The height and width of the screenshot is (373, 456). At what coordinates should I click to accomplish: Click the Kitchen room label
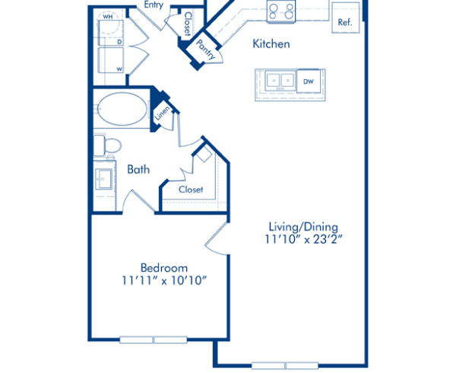[x=271, y=44]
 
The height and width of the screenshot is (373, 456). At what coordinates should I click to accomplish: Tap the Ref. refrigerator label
[x=345, y=22]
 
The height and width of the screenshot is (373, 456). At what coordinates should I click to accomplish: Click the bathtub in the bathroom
[x=122, y=110]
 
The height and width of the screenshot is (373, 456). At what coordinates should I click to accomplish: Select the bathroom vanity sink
[x=103, y=180]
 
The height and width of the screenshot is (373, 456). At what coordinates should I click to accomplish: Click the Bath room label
[x=138, y=169]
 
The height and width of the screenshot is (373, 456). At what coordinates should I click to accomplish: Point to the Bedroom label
[x=164, y=267]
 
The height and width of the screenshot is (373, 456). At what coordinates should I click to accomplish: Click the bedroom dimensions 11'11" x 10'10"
[x=164, y=281]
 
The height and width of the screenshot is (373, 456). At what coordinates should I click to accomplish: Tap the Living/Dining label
[x=302, y=226]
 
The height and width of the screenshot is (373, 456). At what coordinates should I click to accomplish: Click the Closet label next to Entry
[x=187, y=24]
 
